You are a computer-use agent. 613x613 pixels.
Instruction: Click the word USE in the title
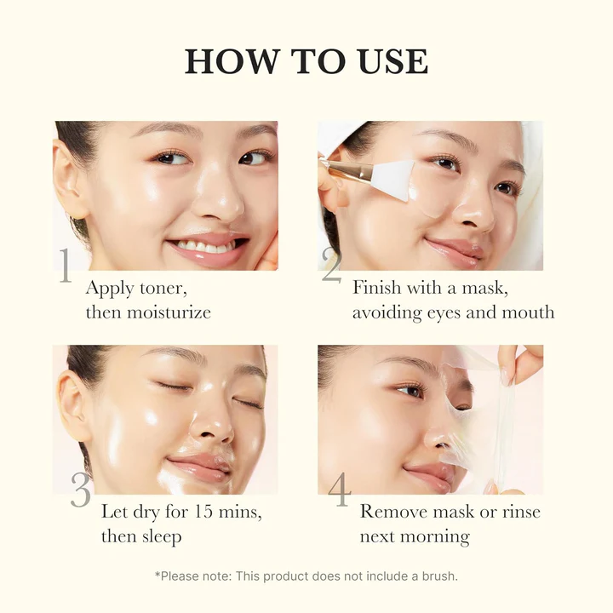391,62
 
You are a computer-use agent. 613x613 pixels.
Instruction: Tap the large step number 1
65,266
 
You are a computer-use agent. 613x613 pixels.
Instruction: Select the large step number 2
331,266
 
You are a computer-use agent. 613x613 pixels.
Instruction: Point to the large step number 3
81,490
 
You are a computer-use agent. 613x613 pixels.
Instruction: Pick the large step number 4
339,490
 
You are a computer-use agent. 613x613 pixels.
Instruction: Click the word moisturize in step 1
168,312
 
